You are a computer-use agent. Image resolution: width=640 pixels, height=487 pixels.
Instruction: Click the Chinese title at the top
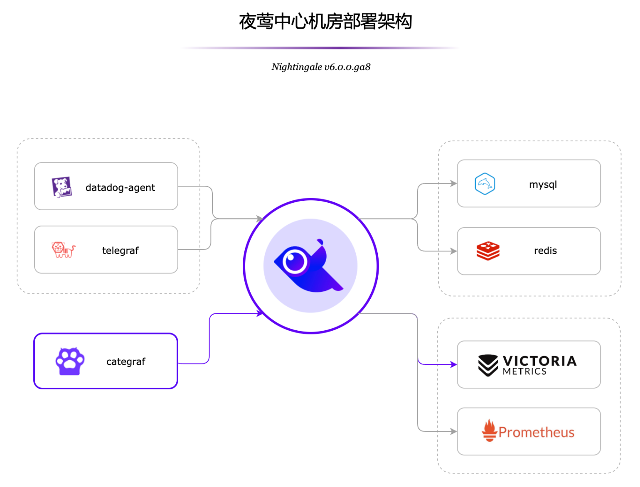coord(325,22)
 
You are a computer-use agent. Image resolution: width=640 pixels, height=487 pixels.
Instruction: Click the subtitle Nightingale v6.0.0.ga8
coord(321,67)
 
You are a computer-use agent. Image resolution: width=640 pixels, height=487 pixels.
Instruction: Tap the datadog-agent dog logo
coord(62,187)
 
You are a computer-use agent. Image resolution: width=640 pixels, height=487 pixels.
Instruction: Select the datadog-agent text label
coord(120,188)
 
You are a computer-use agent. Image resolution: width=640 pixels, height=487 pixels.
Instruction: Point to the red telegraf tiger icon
coord(63,250)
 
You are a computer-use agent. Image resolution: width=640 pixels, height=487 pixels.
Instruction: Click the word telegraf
coord(120,251)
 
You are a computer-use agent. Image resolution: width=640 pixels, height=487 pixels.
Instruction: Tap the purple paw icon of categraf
coord(70,361)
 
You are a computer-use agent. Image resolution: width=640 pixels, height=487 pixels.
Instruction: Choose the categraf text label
coord(126,362)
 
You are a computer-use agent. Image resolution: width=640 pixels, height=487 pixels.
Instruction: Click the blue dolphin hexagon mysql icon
coord(485,184)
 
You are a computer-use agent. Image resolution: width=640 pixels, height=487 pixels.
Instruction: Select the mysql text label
coord(543,184)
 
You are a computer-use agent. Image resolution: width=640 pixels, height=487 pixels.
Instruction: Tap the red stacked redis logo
coord(488,251)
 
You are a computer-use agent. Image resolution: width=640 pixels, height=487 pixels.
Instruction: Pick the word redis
coord(545,251)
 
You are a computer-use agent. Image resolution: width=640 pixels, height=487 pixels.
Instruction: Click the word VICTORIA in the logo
coord(539,361)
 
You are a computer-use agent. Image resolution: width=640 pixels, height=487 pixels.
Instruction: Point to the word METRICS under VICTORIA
coord(524,371)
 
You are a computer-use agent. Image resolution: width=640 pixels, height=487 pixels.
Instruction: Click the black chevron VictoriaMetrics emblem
coord(487,365)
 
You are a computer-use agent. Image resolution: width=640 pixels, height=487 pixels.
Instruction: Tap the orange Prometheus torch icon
coord(490,430)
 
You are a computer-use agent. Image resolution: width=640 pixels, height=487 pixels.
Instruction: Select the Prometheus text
coord(537,433)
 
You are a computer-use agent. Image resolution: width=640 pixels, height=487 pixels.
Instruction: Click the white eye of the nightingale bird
coord(295,262)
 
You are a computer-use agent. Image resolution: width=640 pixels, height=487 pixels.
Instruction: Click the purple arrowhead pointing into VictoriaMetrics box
coord(454,365)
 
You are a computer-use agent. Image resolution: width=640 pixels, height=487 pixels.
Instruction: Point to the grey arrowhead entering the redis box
coord(454,251)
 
